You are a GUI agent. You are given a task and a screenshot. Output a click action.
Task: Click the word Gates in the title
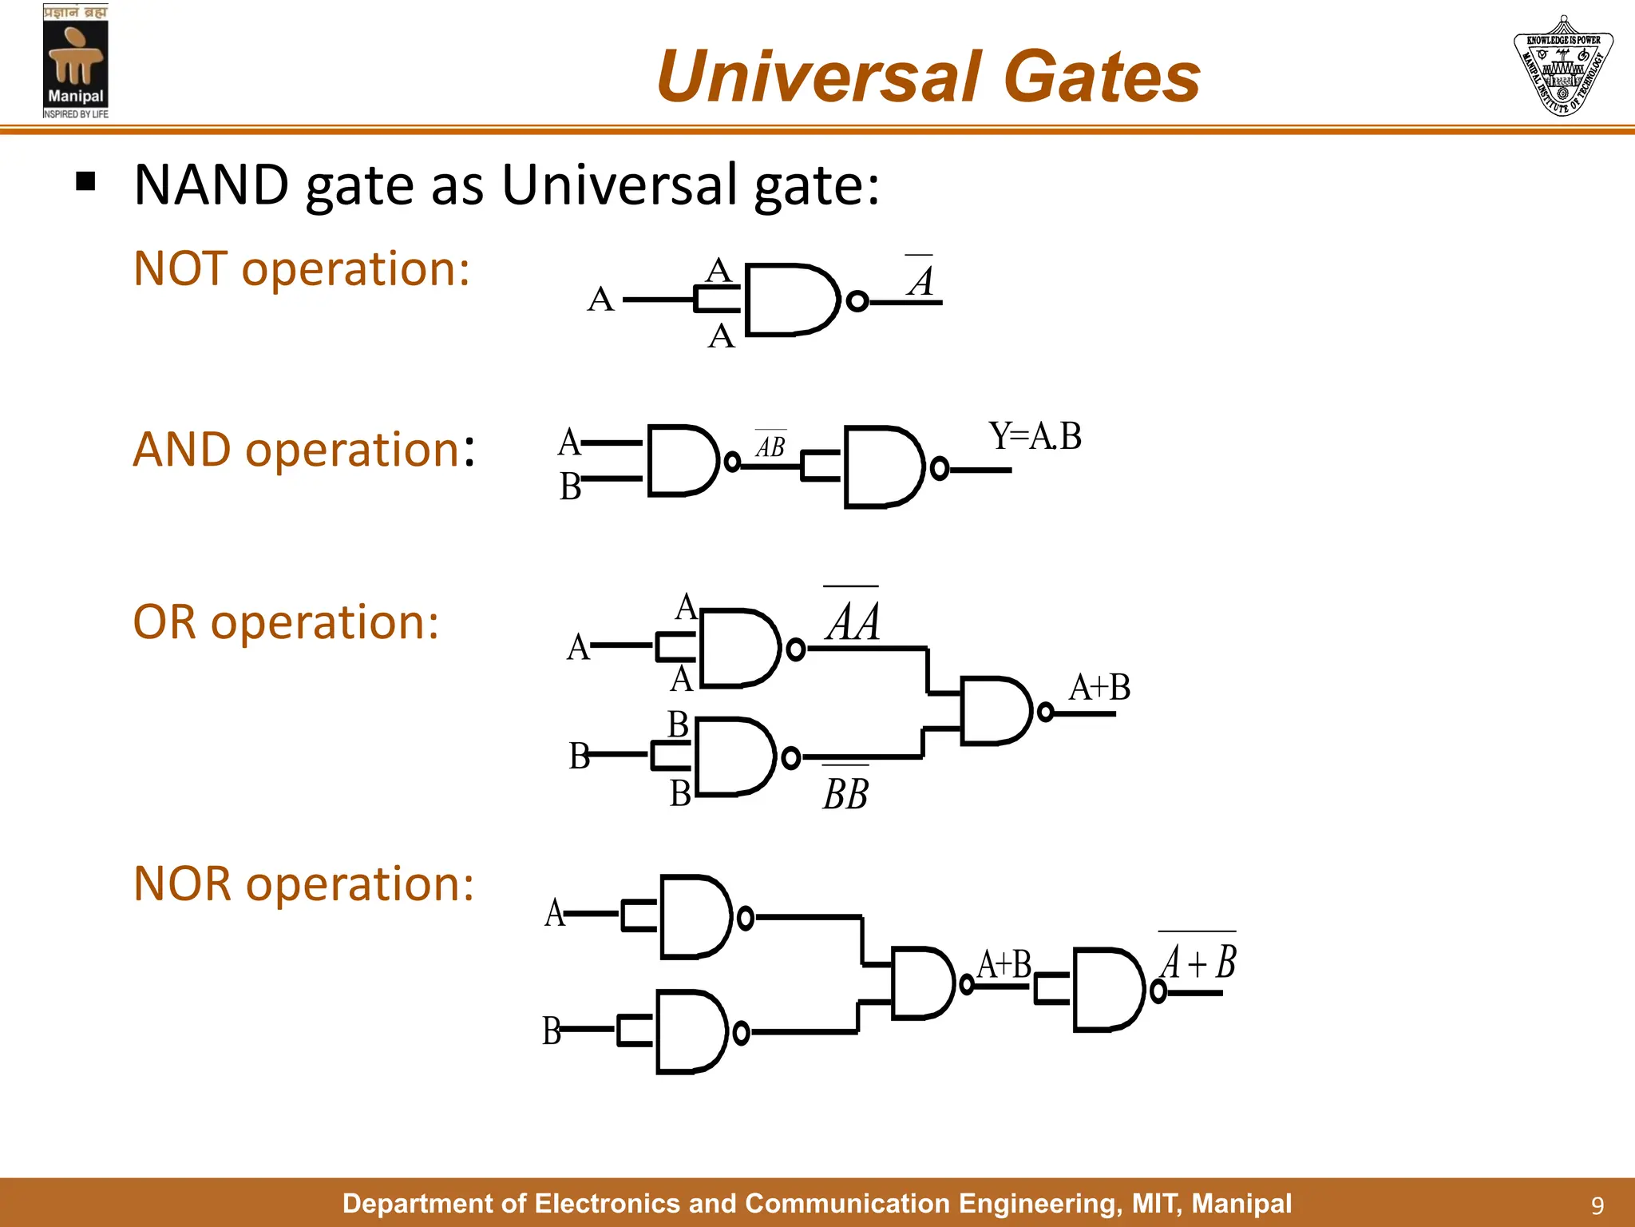click(1101, 77)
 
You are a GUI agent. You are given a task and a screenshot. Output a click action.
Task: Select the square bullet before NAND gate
click(85, 182)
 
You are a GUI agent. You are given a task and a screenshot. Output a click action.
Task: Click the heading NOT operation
click(302, 268)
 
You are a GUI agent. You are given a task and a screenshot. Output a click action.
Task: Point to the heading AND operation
click(303, 450)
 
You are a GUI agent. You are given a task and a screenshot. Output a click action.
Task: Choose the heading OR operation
click(286, 622)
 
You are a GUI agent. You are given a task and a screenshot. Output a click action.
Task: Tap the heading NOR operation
click(303, 884)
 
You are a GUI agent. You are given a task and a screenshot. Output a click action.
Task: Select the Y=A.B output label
click(1035, 437)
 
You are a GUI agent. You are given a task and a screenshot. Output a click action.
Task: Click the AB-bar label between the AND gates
click(770, 445)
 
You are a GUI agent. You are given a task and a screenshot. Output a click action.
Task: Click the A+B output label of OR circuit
click(1099, 688)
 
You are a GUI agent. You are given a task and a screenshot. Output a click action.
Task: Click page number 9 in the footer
click(1597, 1205)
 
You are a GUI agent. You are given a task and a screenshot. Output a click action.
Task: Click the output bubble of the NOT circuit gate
click(857, 301)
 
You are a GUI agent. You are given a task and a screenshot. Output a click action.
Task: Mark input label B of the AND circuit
click(570, 486)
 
